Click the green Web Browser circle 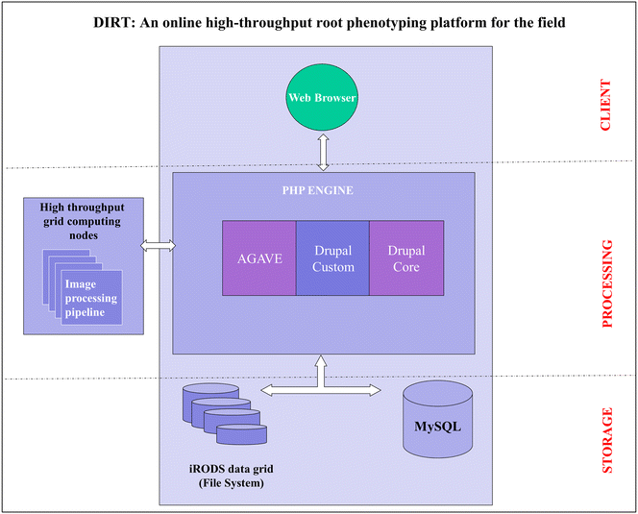tap(323, 97)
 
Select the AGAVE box tap(258, 258)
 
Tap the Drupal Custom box tap(332, 258)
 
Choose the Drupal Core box tap(406, 258)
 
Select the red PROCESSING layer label tap(606, 284)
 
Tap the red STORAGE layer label tap(606, 442)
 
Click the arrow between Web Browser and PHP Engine tap(324, 148)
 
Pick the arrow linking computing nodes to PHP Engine tap(159, 247)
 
